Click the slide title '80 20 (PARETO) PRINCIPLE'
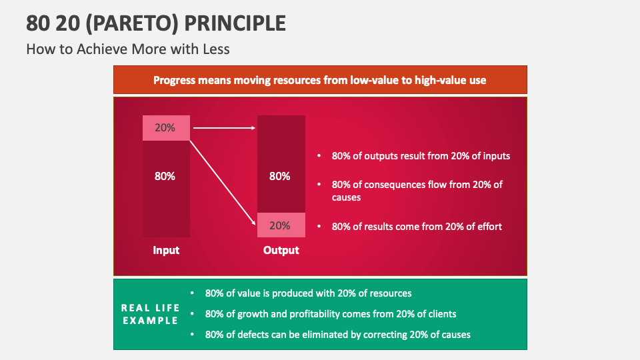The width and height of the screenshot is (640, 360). (x=156, y=23)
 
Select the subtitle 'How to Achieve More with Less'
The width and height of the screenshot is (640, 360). (x=127, y=49)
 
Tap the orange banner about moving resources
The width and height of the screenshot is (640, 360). (x=320, y=80)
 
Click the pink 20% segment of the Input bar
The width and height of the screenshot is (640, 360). (x=166, y=128)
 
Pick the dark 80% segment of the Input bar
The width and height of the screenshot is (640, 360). (x=166, y=189)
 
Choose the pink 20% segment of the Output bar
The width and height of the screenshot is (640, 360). (x=281, y=225)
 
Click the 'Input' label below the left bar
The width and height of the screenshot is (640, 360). (x=166, y=251)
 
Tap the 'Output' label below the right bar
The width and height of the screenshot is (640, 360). (x=281, y=251)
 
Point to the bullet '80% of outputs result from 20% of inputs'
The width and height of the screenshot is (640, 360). (x=421, y=156)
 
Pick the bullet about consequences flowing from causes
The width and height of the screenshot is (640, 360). (x=417, y=191)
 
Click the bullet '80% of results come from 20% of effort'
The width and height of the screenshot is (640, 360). (x=417, y=227)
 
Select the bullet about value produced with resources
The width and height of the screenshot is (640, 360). (x=308, y=293)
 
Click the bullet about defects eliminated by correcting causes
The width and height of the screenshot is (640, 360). (x=337, y=334)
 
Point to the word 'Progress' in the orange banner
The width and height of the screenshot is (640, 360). (x=175, y=80)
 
